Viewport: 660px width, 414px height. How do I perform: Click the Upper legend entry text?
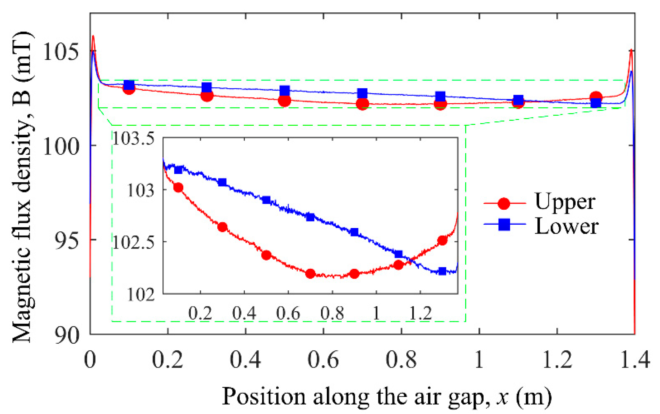coord(565,202)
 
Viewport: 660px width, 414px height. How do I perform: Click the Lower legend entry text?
coord(566,226)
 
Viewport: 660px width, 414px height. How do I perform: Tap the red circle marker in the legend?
coord(504,203)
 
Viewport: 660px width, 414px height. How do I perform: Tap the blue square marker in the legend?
coord(504,225)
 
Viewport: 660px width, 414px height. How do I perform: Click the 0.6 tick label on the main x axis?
coord(323,360)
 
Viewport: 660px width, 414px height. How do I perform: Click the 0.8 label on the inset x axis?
coord(332,313)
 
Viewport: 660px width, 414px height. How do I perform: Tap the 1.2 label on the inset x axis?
coord(420,313)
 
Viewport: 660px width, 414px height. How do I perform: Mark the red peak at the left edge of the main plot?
coord(93,36)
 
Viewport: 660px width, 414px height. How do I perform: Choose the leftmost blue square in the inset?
coord(178,170)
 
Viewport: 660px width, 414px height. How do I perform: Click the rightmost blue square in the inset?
coord(442,271)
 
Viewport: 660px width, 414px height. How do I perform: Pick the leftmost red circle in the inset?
coord(178,188)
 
